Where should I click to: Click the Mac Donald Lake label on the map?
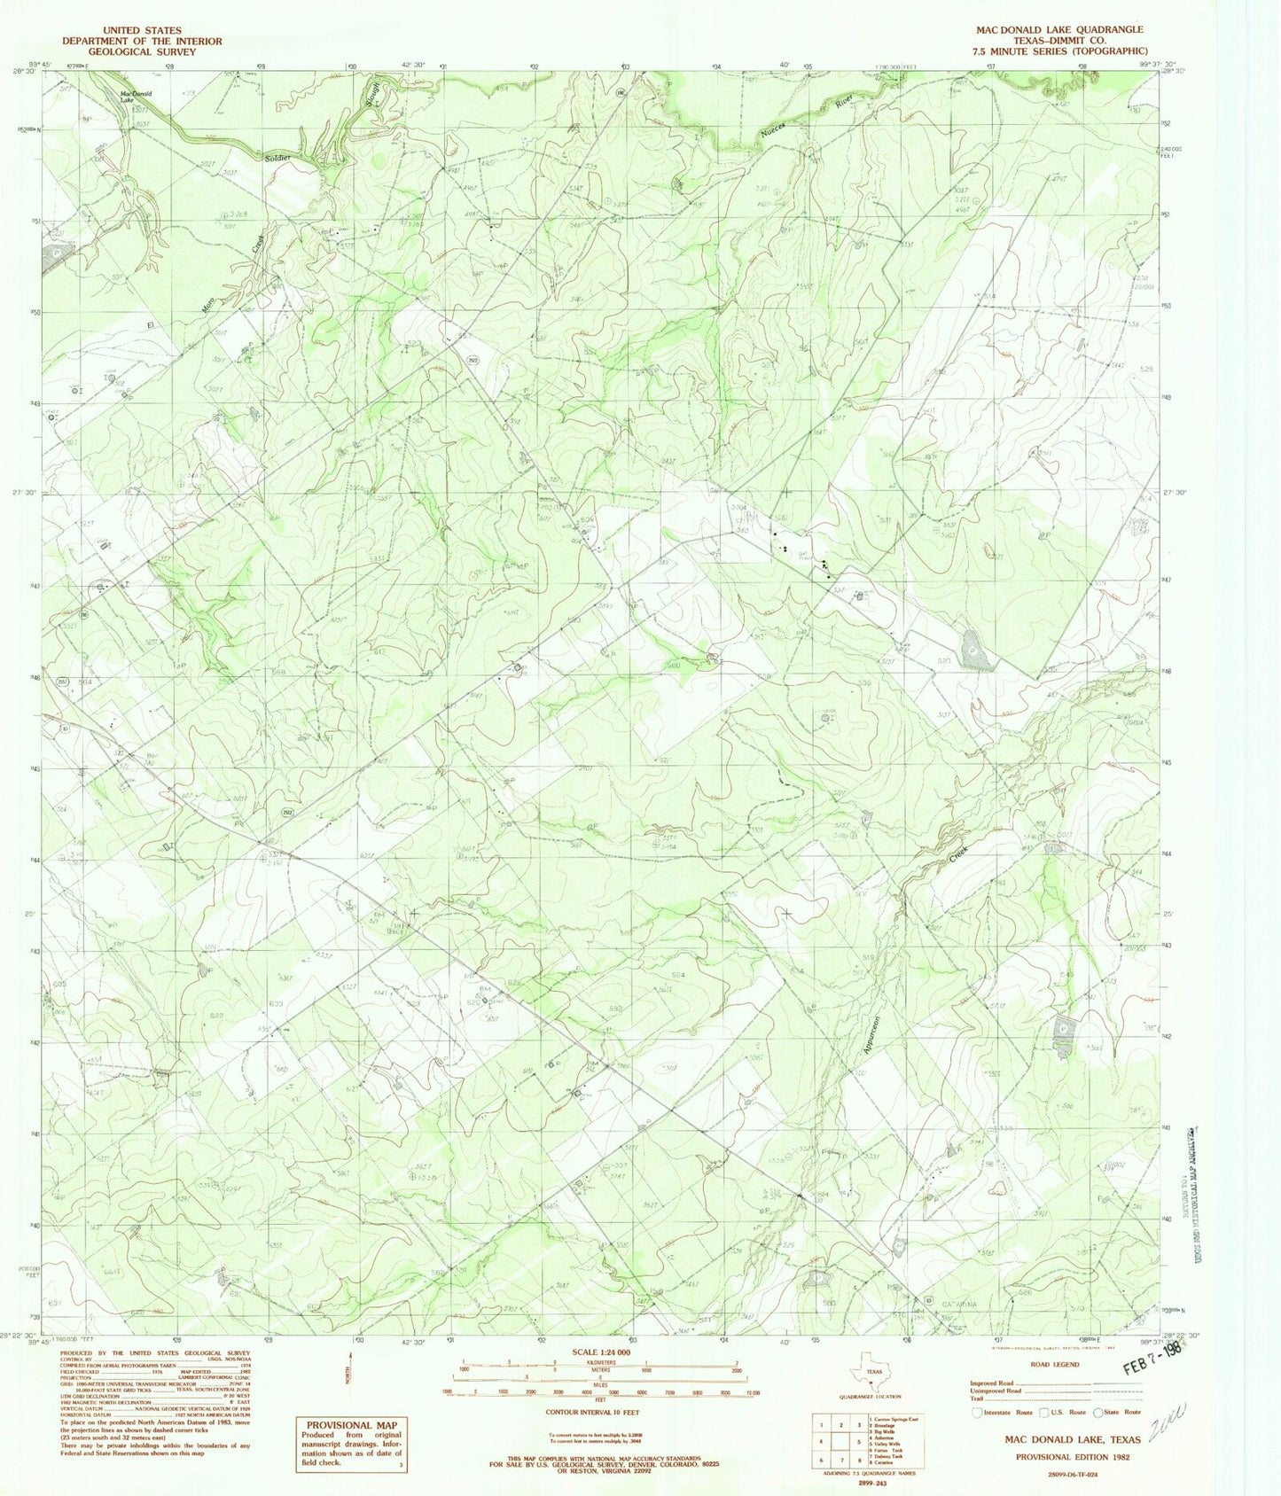click(x=136, y=96)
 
